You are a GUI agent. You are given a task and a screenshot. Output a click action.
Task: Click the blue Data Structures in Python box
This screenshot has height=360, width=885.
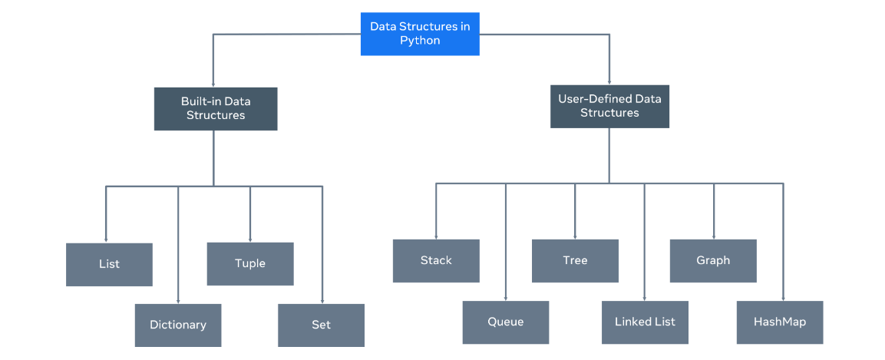click(x=420, y=34)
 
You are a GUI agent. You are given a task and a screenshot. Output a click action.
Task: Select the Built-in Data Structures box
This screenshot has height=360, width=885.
click(x=215, y=108)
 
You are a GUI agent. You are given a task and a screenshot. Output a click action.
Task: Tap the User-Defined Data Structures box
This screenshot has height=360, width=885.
click(x=609, y=106)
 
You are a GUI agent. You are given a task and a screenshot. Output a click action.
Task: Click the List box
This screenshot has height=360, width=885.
click(x=109, y=264)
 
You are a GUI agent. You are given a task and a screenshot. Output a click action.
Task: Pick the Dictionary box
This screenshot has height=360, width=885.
click(x=177, y=325)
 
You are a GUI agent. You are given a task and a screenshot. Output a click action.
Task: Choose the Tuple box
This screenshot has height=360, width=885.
click(x=249, y=263)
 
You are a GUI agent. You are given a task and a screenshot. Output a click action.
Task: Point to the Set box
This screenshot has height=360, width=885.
click(x=321, y=325)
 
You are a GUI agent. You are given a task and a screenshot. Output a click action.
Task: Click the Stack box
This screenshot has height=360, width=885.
click(x=436, y=260)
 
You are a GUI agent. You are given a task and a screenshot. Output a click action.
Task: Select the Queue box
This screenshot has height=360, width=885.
click(x=505, y=322)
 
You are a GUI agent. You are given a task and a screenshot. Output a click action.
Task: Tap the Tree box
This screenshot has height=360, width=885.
click(x=575, y=260)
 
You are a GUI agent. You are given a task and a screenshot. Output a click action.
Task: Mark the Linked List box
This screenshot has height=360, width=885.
click(x=645, y=322)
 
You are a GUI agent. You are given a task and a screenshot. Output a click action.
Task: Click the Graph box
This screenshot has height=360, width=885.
click(x=713, y=260)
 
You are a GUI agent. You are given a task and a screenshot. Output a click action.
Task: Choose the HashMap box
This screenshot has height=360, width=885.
click(x=780, y=322)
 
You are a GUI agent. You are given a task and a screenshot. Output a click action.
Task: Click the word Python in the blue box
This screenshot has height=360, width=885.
click(x=420, y=41)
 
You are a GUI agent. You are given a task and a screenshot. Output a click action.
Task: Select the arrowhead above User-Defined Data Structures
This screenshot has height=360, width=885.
click(x=609, y=81)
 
